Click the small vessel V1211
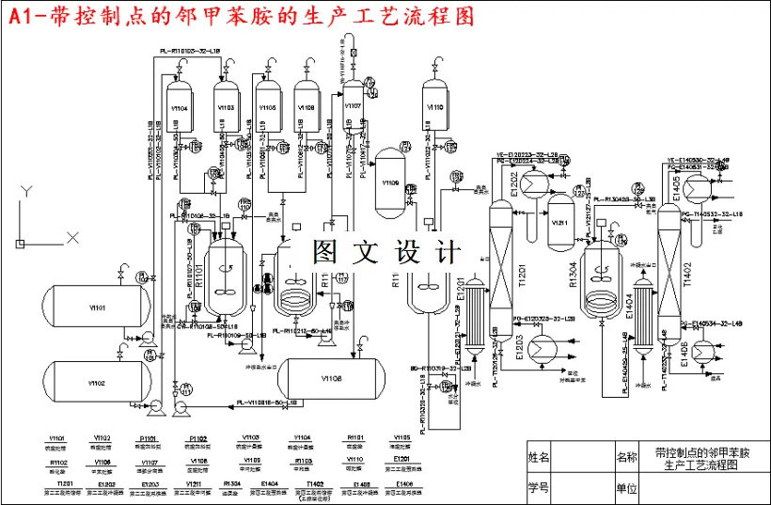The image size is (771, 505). coord(560,221)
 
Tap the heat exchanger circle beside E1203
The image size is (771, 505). coord(542,348)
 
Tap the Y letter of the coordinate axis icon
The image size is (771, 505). coord(29,192)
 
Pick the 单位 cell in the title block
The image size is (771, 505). coord(626,488)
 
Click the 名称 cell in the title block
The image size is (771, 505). coord(626,458)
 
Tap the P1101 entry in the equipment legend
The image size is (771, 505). coord(148,438)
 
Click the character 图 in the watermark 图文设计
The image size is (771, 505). coord(324,252)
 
